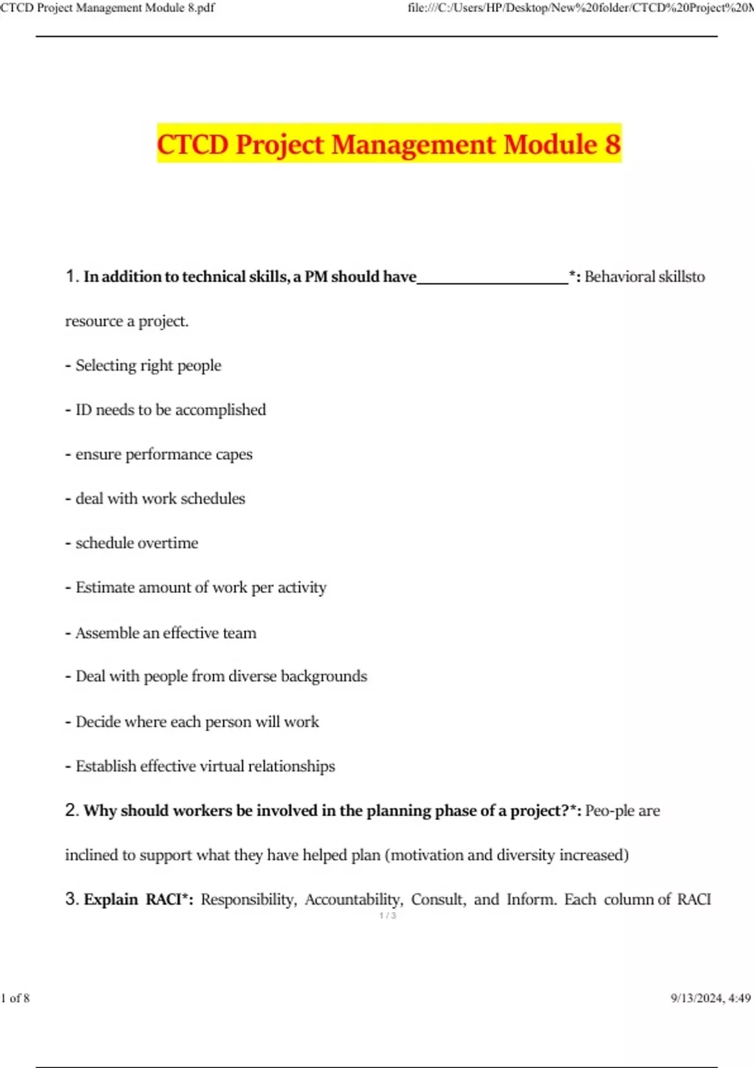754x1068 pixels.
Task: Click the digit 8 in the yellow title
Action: [612, 144]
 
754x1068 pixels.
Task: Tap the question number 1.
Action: [72, 276]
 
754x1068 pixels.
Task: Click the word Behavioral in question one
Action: [620, 276]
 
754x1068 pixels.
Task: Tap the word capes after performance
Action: [234, 455]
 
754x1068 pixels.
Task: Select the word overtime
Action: [169, 543]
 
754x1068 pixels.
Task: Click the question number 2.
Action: [72, 810]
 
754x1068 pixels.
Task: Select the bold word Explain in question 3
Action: [111, 900]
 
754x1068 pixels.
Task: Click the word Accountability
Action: [354, 900]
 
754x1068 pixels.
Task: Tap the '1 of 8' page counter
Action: [16, 998]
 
